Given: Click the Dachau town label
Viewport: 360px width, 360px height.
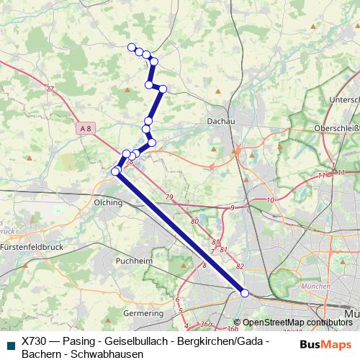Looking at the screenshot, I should (x=220, y=122).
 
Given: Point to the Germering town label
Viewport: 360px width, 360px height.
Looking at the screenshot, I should (x=144, y=314).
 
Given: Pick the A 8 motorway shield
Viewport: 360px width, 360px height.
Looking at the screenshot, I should (x=86, y=128).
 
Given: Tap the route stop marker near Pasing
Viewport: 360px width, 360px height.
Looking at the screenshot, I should (x=244, y=293).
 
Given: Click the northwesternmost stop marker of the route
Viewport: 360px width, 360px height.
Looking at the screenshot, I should (x=132, y=48).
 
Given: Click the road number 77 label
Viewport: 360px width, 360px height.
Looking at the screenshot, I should (x=49, y=89).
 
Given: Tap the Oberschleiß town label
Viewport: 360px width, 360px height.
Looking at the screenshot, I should (x=336, y=128).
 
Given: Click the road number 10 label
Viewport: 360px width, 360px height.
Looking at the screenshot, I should (x=270, y=200).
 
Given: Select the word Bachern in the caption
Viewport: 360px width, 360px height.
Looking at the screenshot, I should (x=40, y=354).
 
